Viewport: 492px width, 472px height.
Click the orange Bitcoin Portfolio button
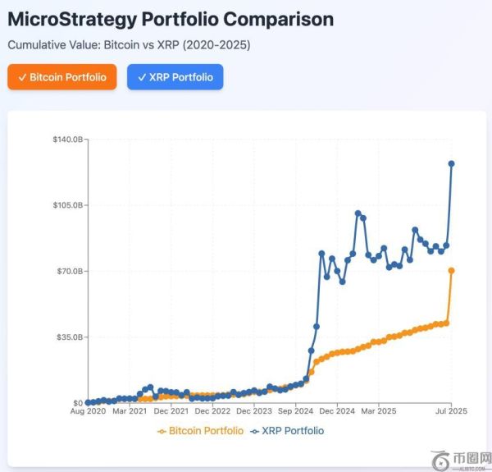point(62,77)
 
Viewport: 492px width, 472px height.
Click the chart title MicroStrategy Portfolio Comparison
point(171,19)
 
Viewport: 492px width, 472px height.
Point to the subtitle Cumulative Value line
point(129,45)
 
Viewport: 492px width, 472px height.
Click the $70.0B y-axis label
point(67,271)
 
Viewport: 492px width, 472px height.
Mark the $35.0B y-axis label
point(67,337)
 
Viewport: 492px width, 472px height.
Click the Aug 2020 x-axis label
point(88,411)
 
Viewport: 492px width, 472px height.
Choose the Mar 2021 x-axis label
point(130,411)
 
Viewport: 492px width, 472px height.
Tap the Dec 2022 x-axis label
point(212,411)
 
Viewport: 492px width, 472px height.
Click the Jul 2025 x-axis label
point(451,411)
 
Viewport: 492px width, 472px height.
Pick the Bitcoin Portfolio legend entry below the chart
point(200,431)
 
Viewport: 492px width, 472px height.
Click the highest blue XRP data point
point(451,163)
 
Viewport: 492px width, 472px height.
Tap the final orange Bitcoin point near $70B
point(451,271)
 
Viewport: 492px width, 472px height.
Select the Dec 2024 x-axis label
point(337,411)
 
